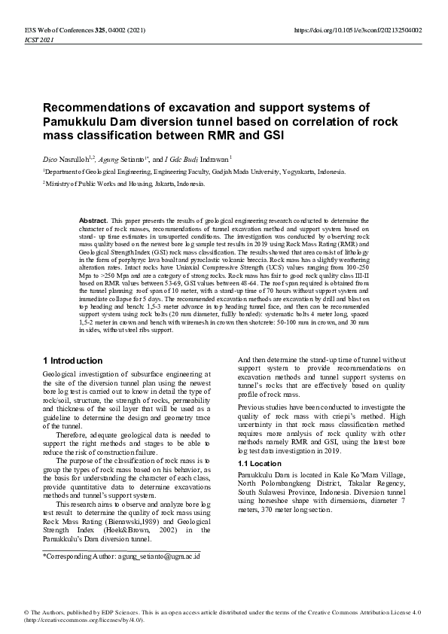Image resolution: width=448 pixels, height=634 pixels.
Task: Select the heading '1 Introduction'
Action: [x=73, y=361]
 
